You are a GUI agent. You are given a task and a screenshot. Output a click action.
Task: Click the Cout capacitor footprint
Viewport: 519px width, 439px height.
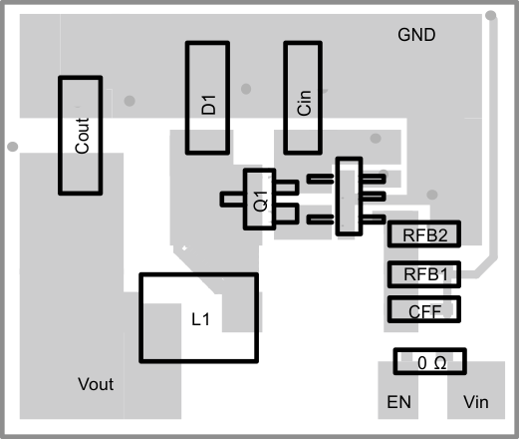(x=81, y=137)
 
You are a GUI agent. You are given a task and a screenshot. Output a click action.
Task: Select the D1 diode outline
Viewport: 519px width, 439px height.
(x=207, y=98)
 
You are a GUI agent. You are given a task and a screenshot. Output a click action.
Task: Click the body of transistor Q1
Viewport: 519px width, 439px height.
(x=260, y=200)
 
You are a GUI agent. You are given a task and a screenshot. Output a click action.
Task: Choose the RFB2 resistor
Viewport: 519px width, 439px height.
(x=424, y=235)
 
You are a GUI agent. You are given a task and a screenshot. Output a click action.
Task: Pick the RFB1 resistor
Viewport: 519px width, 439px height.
(x=424, y=273)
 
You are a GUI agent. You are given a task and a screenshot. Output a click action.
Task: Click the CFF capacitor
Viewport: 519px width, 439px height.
(x=424, y=310)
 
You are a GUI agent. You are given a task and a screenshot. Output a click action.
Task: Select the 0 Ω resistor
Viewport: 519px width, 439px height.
(x=431, y=363)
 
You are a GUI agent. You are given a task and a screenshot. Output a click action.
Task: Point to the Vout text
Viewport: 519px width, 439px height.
(x=97, y=384)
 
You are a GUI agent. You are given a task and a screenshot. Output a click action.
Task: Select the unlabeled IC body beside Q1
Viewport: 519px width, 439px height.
(x=348, y=197)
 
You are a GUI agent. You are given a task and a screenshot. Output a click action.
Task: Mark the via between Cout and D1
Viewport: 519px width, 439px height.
(x=130, y=99)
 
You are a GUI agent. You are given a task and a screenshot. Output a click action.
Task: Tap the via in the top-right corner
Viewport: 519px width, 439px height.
(x=490, y=14)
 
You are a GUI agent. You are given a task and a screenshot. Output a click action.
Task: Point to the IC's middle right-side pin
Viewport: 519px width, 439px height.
(x=374, y=198)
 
